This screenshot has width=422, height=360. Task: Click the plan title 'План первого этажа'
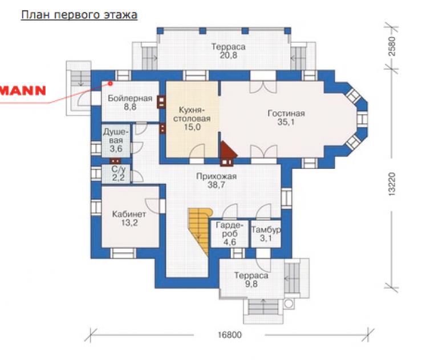[x=79, y=15]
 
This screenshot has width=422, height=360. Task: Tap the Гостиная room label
[x=286, y=114]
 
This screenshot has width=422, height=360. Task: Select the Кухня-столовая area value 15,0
[x=192, y=127]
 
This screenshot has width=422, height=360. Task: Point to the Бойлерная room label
[x=130, y=98]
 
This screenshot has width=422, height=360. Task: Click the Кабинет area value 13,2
[x=129, y=223]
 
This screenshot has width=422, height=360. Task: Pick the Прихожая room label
[x=216, y=176]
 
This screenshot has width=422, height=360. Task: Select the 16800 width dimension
[x=230, y=335]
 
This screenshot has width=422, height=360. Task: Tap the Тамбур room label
[x=266, y=230]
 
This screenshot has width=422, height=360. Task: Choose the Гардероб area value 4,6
[x=230, y=242]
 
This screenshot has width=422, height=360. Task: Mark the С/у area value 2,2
[x=119, y=177]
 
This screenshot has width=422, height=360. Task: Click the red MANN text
[x=23, y=91]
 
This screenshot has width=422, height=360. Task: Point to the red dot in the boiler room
[x=110, y=83]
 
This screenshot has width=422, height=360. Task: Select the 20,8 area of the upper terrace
[x=229, y=55]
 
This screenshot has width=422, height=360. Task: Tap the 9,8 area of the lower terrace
[x=251, y=284]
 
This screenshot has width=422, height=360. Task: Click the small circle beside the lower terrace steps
[x=288, y=304]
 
